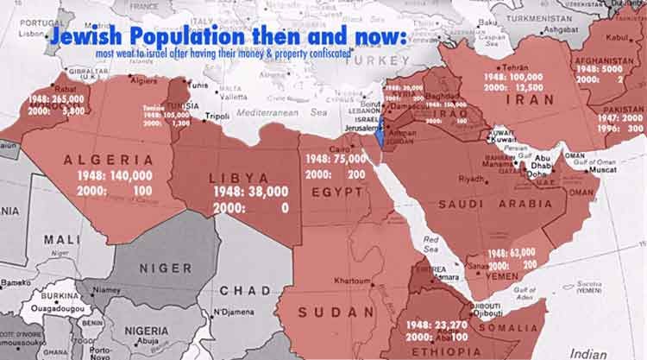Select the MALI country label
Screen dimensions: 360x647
62,238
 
